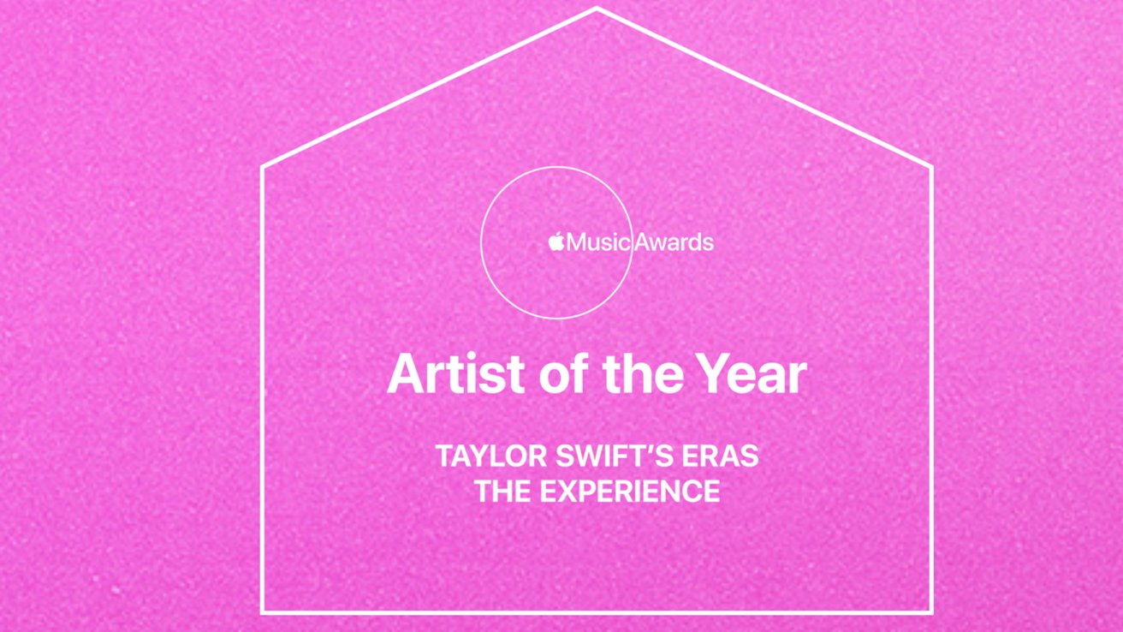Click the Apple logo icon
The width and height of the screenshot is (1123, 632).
pyautogui.click(x=556, y=241)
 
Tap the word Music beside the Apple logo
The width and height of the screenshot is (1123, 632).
pyautogui.click(x=598, y=242)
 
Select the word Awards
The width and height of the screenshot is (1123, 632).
pyautogui.click(x=674, y=242)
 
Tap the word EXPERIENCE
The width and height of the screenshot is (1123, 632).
pyautogui.click(x=630, y=491)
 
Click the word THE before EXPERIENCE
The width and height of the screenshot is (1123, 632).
pyautogui.click(x=502, y=491)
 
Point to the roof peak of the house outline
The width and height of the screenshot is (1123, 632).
pyautogui.click(x=597, y=9)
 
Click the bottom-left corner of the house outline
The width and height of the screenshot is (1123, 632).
pyautogui.click(x=263, y=612)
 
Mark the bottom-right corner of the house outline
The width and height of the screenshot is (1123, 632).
pyautogui.click(x=931, y=612)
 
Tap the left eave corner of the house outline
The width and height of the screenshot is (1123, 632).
pyautogui.click(x=263, y=167)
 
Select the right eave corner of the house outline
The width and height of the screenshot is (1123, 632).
pyautogui.click(x=931, y=167)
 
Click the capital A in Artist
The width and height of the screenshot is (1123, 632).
pyautogui.click(x=406, y=374)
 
